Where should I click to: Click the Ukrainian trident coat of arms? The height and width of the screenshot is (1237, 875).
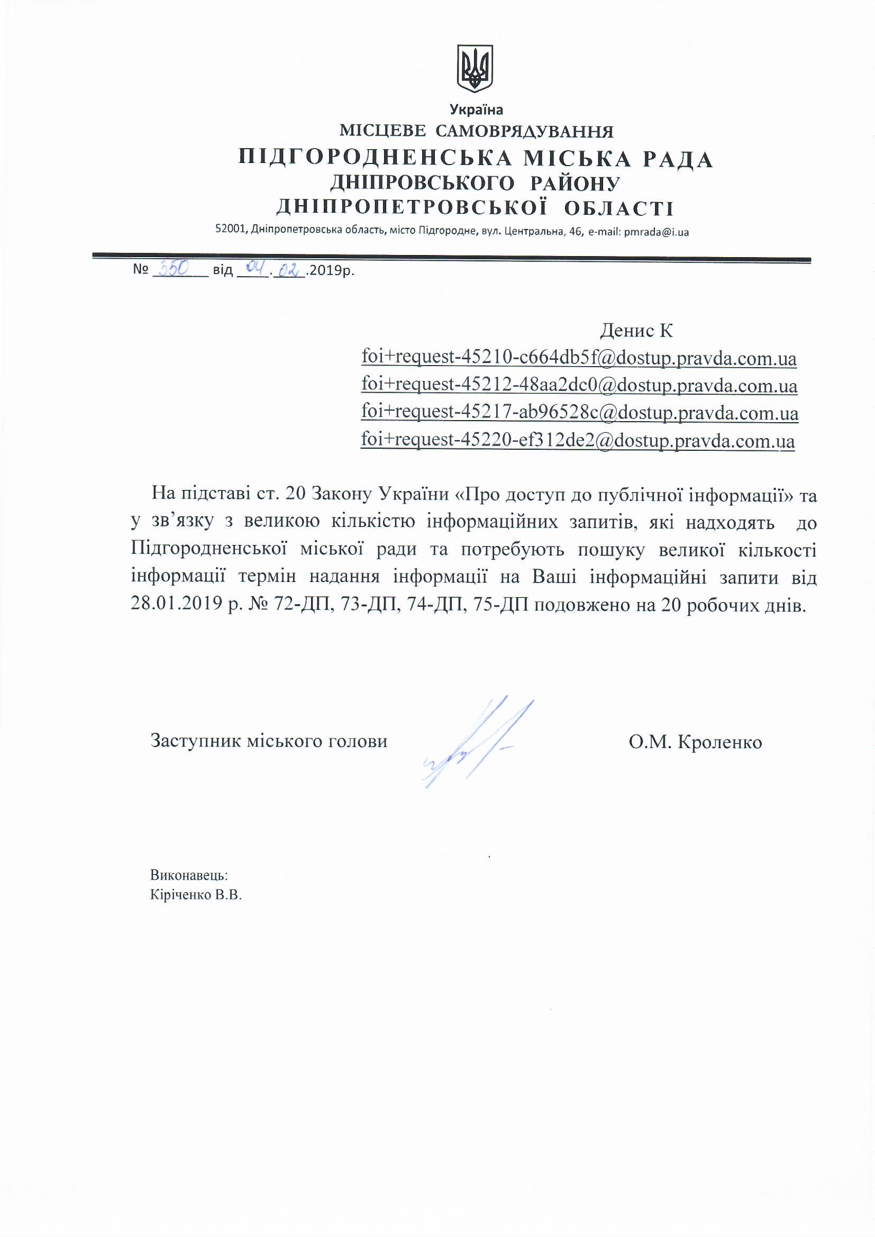[x=475, y=68]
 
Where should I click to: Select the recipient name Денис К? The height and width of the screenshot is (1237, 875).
[x=636, y=330]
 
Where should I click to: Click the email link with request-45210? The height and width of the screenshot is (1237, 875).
[x=579, y=358]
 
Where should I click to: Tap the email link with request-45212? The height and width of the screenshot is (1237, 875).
[x=579, y=386]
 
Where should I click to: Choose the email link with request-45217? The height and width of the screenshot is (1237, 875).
[x=579, y=413]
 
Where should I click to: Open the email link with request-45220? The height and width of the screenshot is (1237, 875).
[x=578, y=441]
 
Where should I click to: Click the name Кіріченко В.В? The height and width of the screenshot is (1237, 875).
[x=196, y=895]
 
